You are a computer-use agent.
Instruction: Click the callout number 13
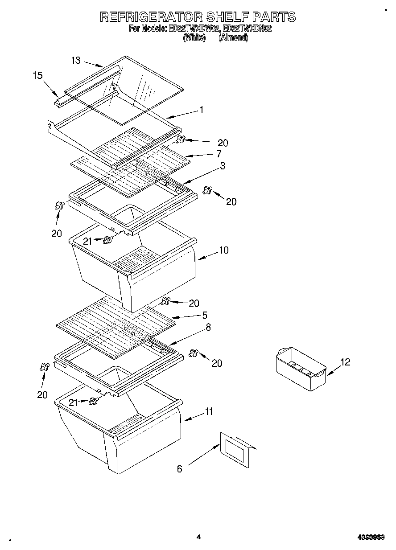pyautogui.click(x=76, y=61)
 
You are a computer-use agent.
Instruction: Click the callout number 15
pyautogui.click(x=37, y=75)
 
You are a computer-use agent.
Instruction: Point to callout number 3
pyautogui.click(x=222, y=166)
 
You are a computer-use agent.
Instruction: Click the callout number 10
pyautogui.click(x=223, y=250)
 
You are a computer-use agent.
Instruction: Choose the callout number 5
pyautogui.click(x=204, y=315)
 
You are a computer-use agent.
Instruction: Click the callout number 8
pyautogui.click(x=208, y=327)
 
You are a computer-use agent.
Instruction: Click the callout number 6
pyautogui.click(x=180, y=468)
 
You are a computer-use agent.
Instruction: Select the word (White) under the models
pyautogui.click(x=194, y=38)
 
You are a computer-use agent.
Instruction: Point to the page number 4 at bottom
pyautogui.click(x=198, y=537)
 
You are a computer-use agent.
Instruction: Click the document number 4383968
pyautogui.click(x=372, y=538)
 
